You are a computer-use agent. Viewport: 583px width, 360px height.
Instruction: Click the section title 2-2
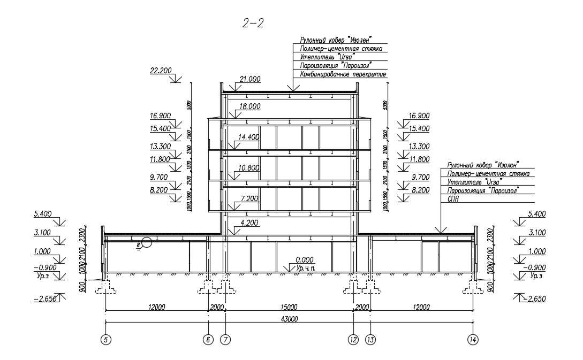253,24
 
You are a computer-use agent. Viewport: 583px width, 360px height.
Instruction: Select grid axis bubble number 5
106,339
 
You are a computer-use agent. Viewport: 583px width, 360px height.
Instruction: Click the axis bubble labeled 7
226,339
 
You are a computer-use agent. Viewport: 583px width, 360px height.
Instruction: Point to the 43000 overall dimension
289,319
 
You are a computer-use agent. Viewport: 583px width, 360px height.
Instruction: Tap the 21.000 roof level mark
249,79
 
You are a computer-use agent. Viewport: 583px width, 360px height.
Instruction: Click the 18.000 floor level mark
249,106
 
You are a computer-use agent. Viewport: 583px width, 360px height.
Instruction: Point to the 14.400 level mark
249,137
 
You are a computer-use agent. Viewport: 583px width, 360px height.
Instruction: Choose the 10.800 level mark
249,167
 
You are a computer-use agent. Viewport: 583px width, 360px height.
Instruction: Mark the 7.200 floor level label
249,198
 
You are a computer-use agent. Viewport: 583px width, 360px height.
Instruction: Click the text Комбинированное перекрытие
343,74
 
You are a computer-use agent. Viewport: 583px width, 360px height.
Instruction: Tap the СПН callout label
446,198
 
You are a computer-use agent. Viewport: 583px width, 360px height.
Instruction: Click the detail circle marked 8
146,243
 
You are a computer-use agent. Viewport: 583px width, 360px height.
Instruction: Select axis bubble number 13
371,339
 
